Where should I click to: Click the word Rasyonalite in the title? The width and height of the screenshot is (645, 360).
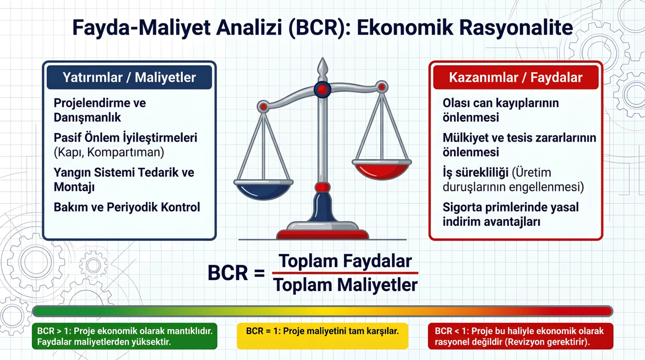click(x=516, y=27)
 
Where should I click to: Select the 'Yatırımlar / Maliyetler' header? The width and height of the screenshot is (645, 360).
click(x=129, y=77)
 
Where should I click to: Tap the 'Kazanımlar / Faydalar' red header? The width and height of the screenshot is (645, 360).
click(x=516, y=77)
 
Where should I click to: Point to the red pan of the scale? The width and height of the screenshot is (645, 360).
click(x=382, y=170)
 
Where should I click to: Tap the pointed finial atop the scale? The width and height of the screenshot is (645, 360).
click(x=322, y=67)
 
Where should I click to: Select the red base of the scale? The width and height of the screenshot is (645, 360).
click(x=322, y=234)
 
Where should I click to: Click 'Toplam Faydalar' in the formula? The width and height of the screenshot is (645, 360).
click(x=345, y=261)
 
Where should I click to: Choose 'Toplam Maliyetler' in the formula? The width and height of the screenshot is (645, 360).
click(x=345, y=285)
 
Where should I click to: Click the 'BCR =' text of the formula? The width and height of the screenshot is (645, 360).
click(x=236, y=273)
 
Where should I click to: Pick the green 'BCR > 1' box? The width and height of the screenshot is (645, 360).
click(x=124, y=336)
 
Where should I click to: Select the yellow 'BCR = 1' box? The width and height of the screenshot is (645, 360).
click(x=322, y=336)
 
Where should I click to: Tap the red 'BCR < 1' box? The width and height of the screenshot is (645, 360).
click(x=521, y=336)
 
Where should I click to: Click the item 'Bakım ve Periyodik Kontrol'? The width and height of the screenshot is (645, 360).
click(x=127, y=207)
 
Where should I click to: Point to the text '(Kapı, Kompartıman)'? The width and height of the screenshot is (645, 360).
click(x=109, y=152)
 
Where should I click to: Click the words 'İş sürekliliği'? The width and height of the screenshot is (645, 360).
click(x=475, y=173)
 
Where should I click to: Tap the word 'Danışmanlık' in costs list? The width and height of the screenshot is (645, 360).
click(x=87, y=118)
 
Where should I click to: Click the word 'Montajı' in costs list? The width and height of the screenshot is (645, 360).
click(x=74, y=187)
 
